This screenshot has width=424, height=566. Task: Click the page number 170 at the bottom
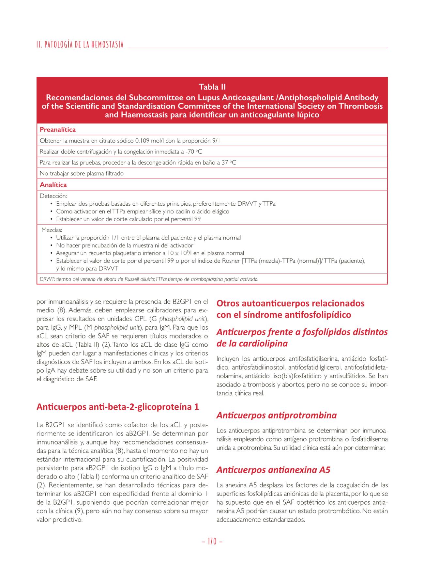coord(212,542)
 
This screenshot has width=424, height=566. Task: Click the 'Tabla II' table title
coord(212,87)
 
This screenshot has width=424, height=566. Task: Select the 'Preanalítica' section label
coord(58,130)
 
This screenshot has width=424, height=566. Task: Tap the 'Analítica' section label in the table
coord(53,185)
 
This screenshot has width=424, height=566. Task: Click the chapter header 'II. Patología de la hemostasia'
coord(80,45)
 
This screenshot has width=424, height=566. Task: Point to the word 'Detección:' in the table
coord(53,196)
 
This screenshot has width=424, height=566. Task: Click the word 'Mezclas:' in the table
coord(52,230)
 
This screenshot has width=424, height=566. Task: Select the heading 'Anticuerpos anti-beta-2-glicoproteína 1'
coord(118,407)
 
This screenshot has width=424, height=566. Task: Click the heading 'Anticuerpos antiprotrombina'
coord(277,415)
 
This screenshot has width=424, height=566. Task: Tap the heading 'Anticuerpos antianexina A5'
coord(273,470)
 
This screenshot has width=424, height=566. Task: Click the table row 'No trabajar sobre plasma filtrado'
coord(82,173)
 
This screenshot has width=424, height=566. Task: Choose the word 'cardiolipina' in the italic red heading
coord(262,343)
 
